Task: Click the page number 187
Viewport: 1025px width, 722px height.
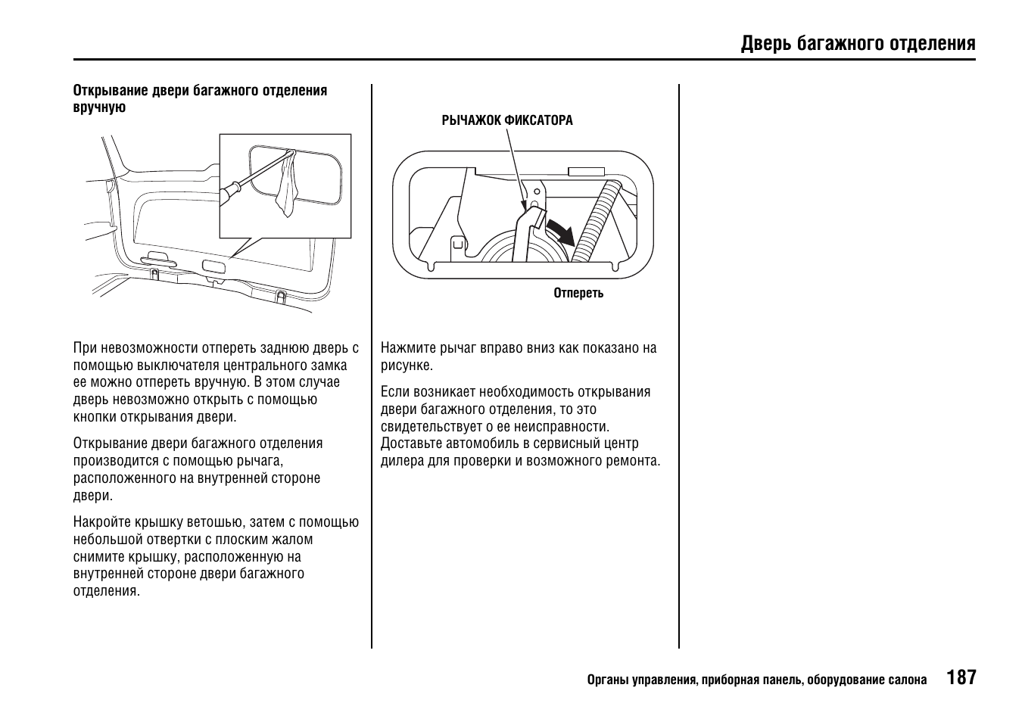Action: (x=961, y=677)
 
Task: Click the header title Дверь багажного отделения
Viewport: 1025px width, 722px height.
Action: (x=858, y=43)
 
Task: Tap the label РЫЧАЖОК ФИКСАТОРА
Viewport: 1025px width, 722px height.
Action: (x=507, y=120)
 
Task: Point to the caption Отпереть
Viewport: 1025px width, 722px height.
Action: (x=578, y=293)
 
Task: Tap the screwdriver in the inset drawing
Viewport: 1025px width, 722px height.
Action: (x=246, y=180)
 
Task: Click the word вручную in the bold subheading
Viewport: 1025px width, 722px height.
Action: (x=99, y=107)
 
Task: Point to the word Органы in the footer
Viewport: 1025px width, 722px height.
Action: (x=609, y=680)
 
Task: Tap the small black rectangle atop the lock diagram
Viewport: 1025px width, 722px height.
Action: (x=585, y=172)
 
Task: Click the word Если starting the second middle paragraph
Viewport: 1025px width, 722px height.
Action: (x=394, y=392)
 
